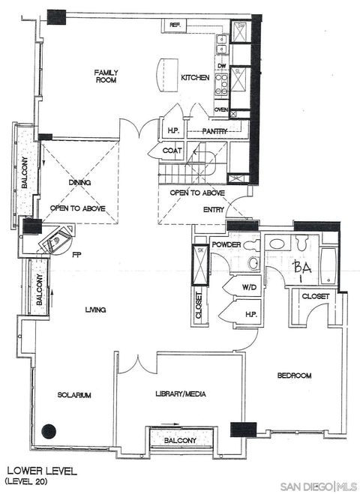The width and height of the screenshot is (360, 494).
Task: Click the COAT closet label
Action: [172, 151]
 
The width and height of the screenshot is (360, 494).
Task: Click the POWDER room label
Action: [226, 245]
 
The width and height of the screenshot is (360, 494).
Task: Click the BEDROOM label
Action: [294, 375]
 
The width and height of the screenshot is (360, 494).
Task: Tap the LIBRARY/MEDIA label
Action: [181, 394]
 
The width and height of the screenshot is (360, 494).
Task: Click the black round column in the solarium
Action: [49, 432]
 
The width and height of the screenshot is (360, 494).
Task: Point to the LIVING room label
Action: [94, 310]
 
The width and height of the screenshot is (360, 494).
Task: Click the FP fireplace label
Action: [76, 254]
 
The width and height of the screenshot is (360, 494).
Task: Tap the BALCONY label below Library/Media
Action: [181, 440]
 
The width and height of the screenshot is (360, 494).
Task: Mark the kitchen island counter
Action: [165, 75]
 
